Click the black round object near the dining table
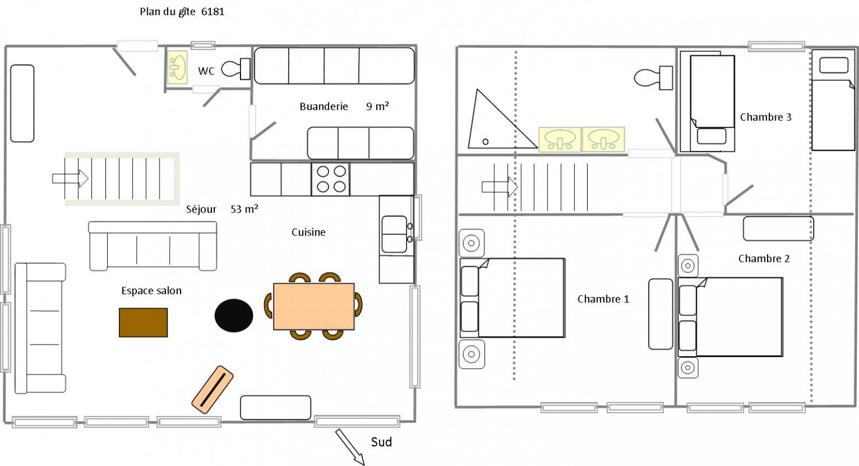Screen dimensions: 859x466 [234, 315]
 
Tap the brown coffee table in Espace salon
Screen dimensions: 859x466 [143, 323]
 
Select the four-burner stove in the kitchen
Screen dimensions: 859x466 [331, 179]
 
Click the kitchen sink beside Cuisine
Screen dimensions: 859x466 [395, 234]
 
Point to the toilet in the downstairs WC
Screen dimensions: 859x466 [235, 69]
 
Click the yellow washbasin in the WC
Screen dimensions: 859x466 [177, 67]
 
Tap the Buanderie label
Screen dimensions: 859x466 [324, 107]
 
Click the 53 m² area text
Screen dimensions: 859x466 [244, 209]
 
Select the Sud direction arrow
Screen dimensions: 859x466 [350, 447]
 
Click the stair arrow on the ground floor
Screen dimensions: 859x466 [70, 178]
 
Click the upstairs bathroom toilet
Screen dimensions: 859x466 [653, 78]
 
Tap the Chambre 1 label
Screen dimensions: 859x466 [603, 299]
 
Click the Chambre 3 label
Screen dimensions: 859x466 [765, 117]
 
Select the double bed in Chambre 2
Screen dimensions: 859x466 [730, 317]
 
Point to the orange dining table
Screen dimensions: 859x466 [314, 306]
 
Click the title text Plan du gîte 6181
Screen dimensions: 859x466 [182, 12]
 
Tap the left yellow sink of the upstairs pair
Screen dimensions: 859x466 [560, 140]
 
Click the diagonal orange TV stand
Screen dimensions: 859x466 [213, 389]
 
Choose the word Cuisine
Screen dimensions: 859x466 [308, 232]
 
